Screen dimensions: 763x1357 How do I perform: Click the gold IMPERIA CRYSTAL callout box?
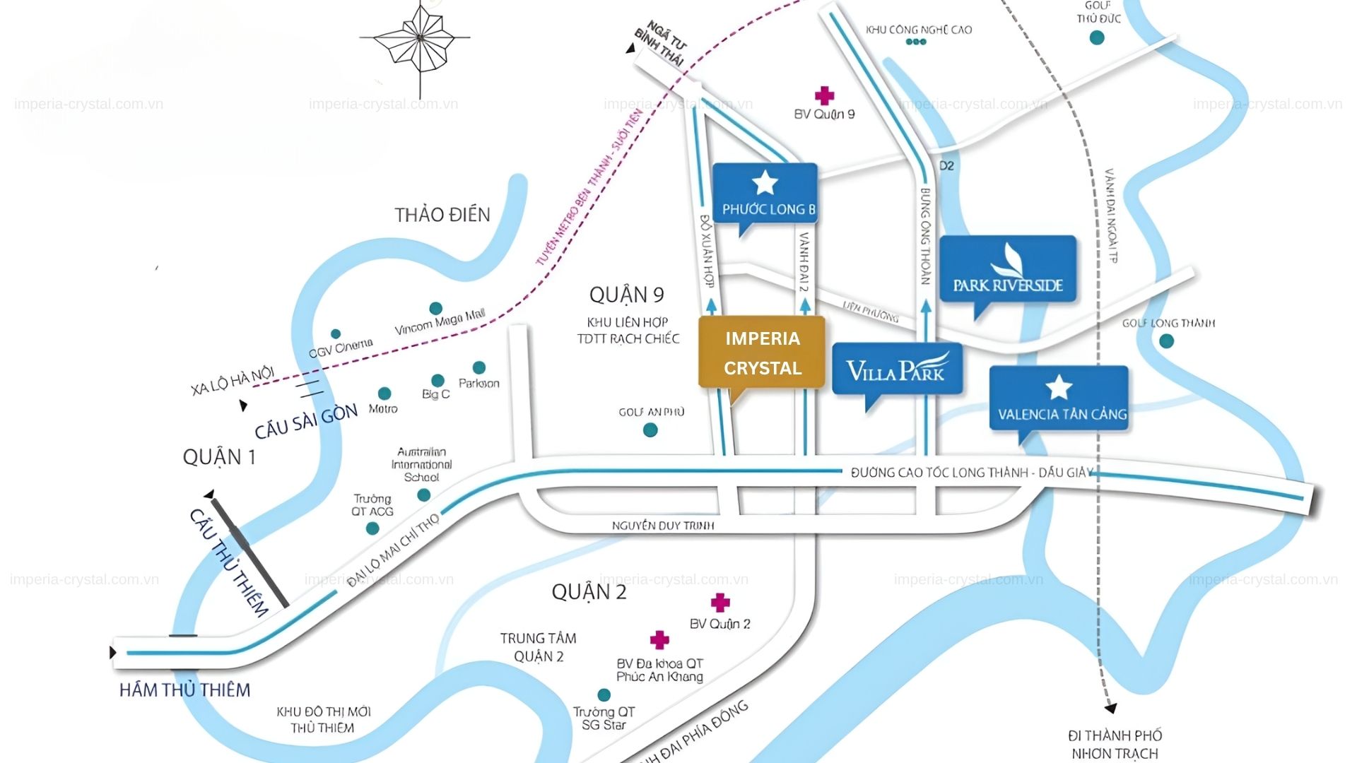(762, 353)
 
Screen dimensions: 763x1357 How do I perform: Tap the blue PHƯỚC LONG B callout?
(765, 194)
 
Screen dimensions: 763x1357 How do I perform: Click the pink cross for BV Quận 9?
(824, 95)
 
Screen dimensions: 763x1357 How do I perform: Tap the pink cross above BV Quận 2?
(719, 602)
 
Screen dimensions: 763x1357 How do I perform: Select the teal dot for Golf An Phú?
(650, 430)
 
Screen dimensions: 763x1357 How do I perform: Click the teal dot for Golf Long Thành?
(1166, 341)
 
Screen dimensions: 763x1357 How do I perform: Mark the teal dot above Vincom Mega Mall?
(436, 309)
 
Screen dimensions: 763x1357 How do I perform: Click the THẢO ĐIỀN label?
(442, 215)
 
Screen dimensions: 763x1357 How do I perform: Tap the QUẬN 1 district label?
(219, 457)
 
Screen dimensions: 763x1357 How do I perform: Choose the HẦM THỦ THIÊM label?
(184, 690)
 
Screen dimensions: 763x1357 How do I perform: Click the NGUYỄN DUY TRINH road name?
(662, 526)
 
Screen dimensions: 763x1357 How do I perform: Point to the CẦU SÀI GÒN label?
(306, 421)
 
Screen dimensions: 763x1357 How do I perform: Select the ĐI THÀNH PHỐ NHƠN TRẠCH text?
(1115, 745)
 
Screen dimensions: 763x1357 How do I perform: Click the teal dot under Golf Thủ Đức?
(1097, 37)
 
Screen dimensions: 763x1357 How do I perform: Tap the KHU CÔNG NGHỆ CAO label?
(918, 30)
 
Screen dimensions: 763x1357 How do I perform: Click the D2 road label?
(946, 165)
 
